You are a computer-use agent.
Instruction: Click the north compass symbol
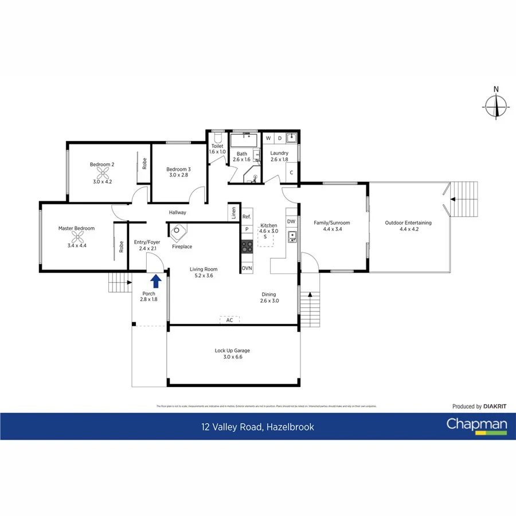pos(496,105)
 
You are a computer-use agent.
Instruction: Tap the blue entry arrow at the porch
pos(155,281)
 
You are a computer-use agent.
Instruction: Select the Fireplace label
pos(182,247)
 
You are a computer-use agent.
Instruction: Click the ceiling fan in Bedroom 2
pos(102,173)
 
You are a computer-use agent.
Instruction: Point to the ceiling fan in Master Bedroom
pos(76,237)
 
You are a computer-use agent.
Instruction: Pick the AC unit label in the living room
pos(229,320)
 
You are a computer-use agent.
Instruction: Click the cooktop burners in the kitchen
pos(247,247)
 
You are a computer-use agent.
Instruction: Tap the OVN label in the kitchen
pos(247,268)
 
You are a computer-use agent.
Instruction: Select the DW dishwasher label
pos(291,221)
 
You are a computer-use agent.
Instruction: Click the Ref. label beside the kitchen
pos(247,217)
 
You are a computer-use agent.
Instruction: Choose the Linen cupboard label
pos(233,212)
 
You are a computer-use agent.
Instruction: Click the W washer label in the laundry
pos(268,138)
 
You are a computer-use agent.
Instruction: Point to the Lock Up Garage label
pos(232,350)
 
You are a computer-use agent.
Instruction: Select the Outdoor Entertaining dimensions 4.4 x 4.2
pos(408,230)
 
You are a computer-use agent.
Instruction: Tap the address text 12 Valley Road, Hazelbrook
pos(257,427)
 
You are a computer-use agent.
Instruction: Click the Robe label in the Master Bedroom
pos(122,247)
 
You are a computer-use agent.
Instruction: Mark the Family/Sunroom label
pos(331,223)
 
